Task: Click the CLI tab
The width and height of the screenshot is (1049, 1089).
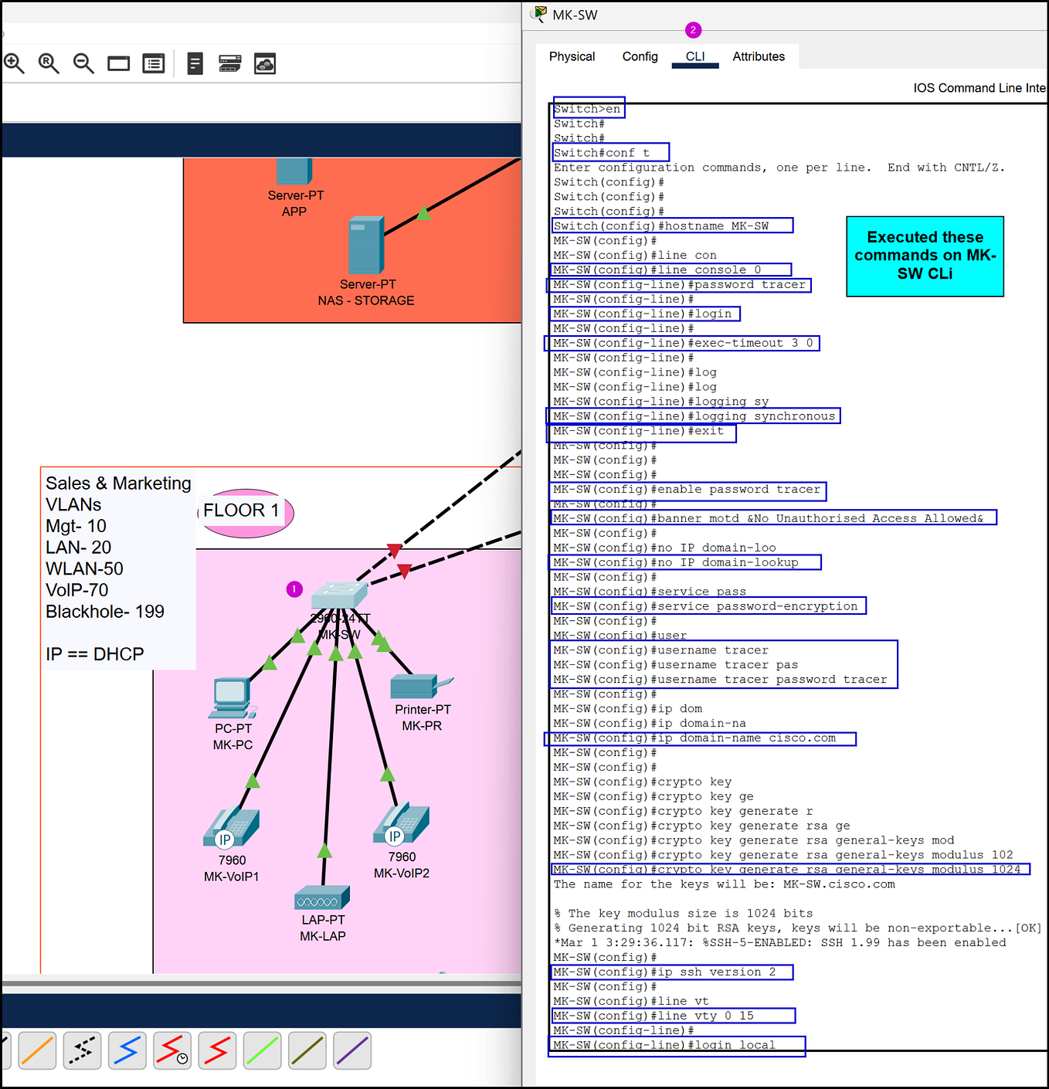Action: (x=695, y=56)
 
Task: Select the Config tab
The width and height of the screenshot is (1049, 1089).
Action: (x=640, y=56)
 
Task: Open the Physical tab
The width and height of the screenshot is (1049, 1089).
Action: (x=572, y=56)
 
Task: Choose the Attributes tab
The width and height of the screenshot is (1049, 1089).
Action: (x=758, y=56)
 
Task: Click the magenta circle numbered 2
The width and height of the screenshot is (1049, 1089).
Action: (x=693, y=30)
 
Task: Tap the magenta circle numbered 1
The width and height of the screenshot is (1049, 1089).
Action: (x=294, y=589)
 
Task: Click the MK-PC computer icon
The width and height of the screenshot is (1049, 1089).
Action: (x=232, y=697)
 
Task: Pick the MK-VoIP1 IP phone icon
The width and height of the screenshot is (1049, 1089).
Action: (x=231, y=828)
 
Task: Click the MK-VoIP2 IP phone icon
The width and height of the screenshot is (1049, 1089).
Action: (x=401, y=825)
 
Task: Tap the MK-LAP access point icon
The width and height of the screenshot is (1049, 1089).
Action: (x=322, y=898)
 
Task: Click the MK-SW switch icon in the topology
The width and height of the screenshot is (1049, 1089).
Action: (x=338, y=595)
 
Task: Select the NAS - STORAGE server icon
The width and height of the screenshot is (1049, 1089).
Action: (x=365, y=245)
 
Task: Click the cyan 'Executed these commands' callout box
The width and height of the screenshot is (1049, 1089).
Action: (x=925, y=256)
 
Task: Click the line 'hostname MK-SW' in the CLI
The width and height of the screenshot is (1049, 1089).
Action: (x=671, y=226)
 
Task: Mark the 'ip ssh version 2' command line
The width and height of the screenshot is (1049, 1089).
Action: (x=671, y=972)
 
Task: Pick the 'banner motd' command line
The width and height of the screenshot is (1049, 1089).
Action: (x=772, y=518)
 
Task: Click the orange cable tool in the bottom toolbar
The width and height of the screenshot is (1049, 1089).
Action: (x=37, y=1050)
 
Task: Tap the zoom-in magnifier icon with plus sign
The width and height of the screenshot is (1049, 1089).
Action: (x=14, y=63)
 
